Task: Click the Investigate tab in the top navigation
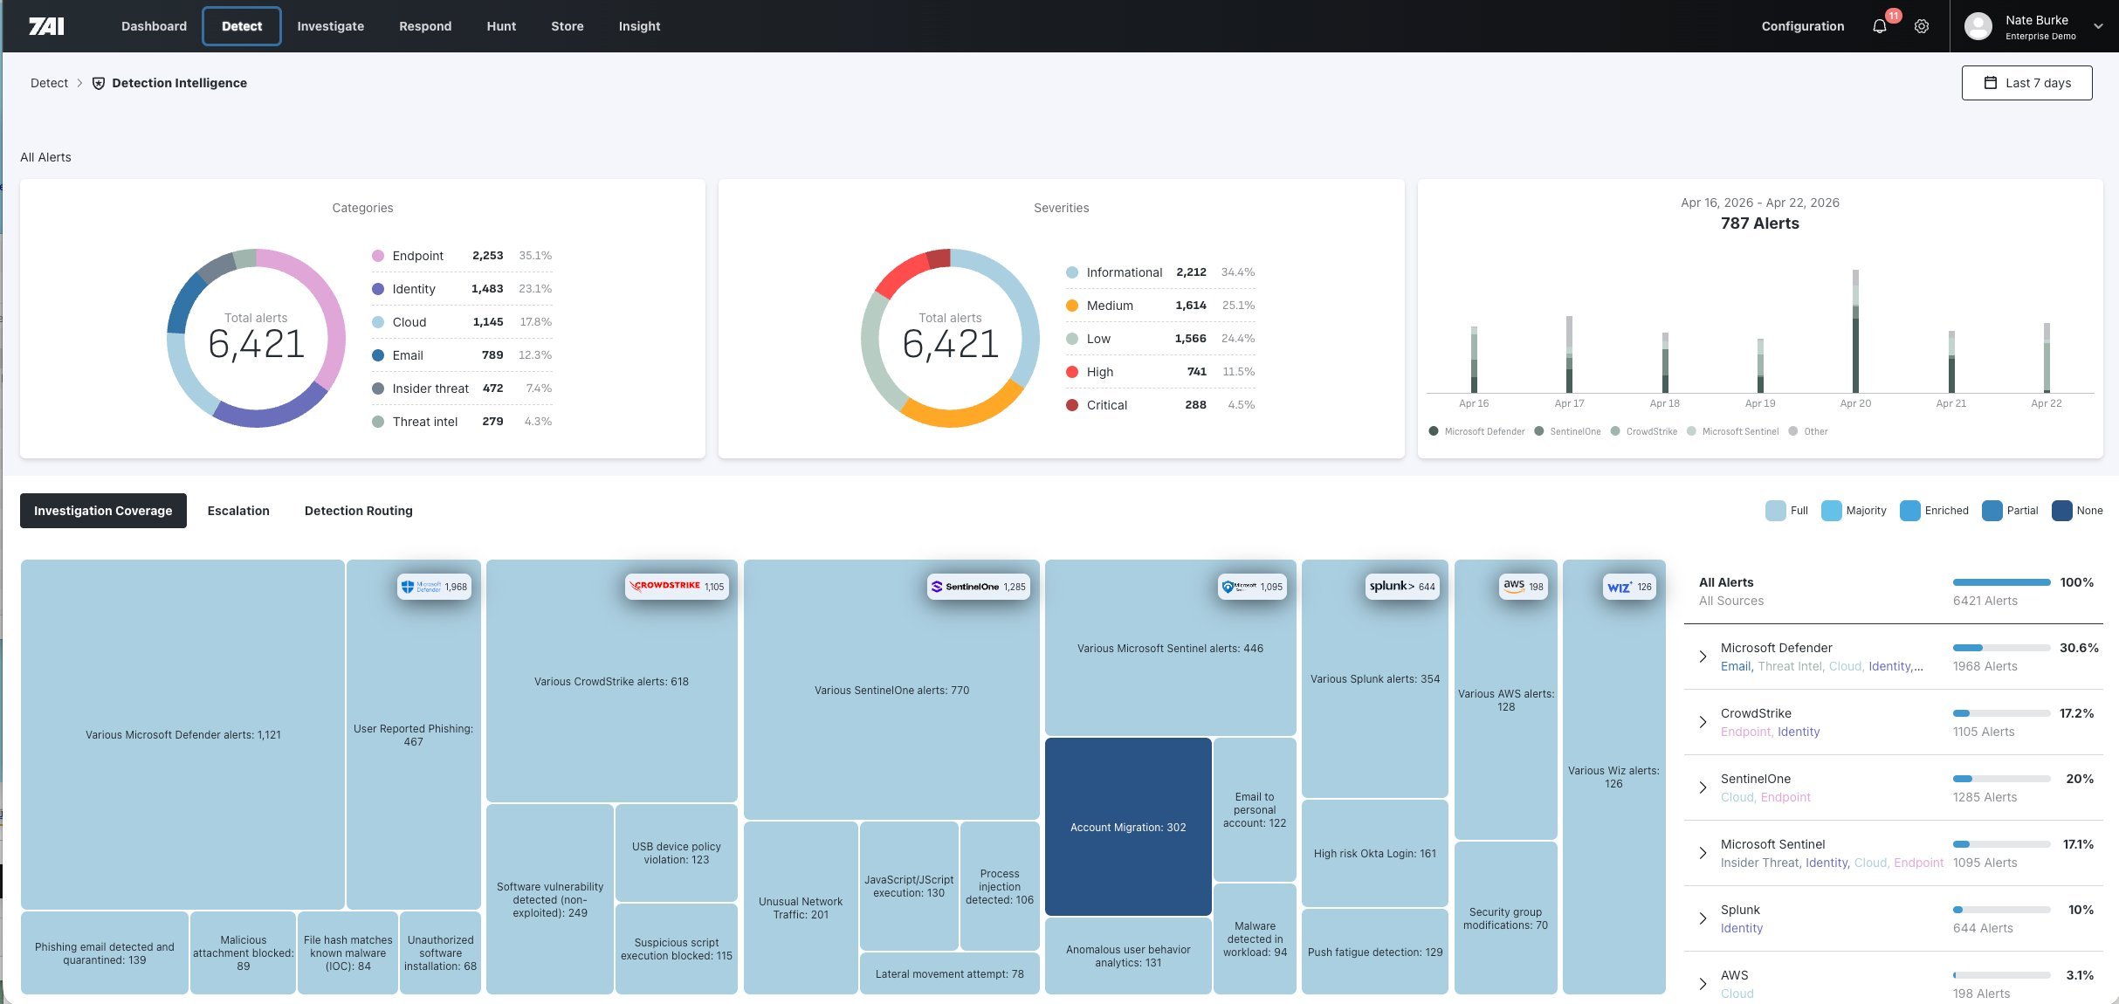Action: pos(330,26)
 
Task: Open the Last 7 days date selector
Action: pos(2026,83)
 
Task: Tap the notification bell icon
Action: pos(1880,26)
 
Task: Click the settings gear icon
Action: pos(1922,26)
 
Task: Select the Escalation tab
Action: pos(238,511)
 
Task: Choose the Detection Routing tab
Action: pos(358,511)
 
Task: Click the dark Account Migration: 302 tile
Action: pos(1127,827)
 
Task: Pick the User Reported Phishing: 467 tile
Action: pos(413,734)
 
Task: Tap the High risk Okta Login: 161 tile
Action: pos(1374,853)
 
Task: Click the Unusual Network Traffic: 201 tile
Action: pos(800,907)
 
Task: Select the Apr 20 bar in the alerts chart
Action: pos(1855,332)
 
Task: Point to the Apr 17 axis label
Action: pos(1569,403)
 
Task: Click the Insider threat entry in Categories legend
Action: pos(430,389)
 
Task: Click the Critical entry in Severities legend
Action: pos(1106,405)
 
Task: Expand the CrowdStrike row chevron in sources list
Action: pos(1703,722)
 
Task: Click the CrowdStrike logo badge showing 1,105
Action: pos(677,586)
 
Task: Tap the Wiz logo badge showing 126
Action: pos(1629,587)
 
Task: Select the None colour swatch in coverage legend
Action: pos(2061,511)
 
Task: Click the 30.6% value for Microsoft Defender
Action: pos(2078,648)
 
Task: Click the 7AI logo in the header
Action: pos(46,26)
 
